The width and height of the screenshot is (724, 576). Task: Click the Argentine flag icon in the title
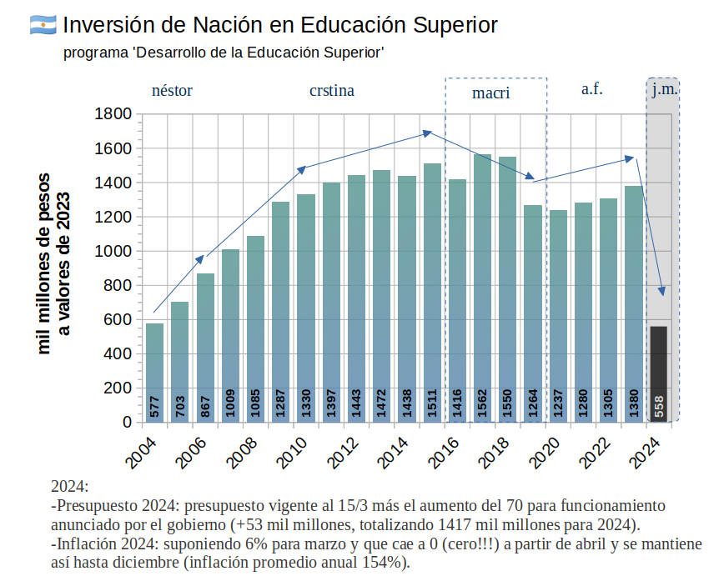pyautogui.click(x=43, y=25)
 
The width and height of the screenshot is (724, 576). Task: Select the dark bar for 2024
pyautogui.click(x=658, y=373)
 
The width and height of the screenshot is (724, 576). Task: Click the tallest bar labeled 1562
pyautogui.click(x=482, y=288)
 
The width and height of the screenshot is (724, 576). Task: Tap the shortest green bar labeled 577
pyautogui.click(x=154, y=372)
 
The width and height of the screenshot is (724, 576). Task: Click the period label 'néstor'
pyautogui.click(x=172, y=91)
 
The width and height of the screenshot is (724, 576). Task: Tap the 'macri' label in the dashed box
pyautogui.click(x=490, y=93)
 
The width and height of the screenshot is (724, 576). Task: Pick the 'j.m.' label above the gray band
pyautogui.click(x=664, y=89)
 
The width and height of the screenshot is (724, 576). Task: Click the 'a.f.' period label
pyautogui.click(x=591, y=89)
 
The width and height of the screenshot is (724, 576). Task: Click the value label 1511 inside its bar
pyautogui.click(x=432, y=403)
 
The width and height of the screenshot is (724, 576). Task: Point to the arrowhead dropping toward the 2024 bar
pyautogui.click(x=663, y=291)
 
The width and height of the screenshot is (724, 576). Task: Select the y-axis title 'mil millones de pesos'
pyautogui.click(x=46, y=263)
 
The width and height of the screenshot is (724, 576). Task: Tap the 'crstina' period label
pyautogui.click(x=331, y=91)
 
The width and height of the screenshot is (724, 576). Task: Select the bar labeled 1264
pyautogui.click(x=532, y=313)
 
